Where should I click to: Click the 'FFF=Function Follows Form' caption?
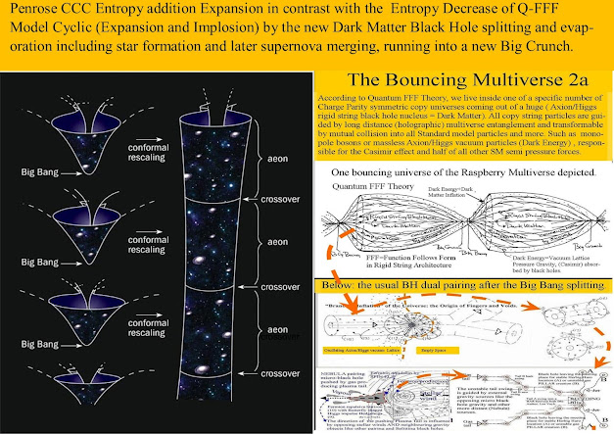coord(378,257)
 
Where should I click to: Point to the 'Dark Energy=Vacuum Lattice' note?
coord(498,257)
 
